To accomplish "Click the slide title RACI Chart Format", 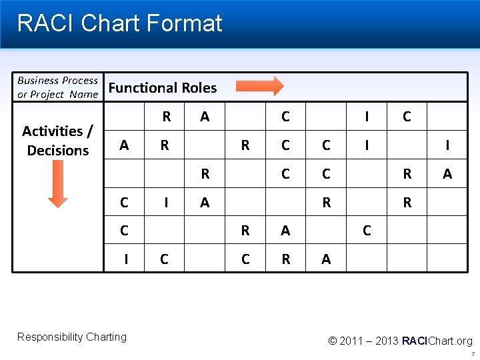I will (x=119, y=24).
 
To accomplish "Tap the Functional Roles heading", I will (x=163, y=88).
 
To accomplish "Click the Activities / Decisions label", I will (x=57, y=140).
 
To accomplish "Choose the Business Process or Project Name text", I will (x=57, y=87).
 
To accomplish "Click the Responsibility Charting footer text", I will (x=72, y=337).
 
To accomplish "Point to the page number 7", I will (x=472, y=354).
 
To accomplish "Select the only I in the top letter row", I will (x=367, y=117).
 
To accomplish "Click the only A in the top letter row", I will (x=205, y=117).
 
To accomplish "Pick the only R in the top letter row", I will (x=167, y=117).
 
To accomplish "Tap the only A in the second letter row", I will (x=124, y=145).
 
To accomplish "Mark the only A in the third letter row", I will (x=447, y=174).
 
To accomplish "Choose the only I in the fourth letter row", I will (x=167, y=203).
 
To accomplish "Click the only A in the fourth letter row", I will (x=205, y=203).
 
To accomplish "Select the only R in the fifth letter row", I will (x=245, y=231).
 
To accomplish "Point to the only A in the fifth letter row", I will (x=285, y=231).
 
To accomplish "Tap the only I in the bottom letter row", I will (x=126, y=259).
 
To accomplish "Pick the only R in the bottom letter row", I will (x=285, y=259).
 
